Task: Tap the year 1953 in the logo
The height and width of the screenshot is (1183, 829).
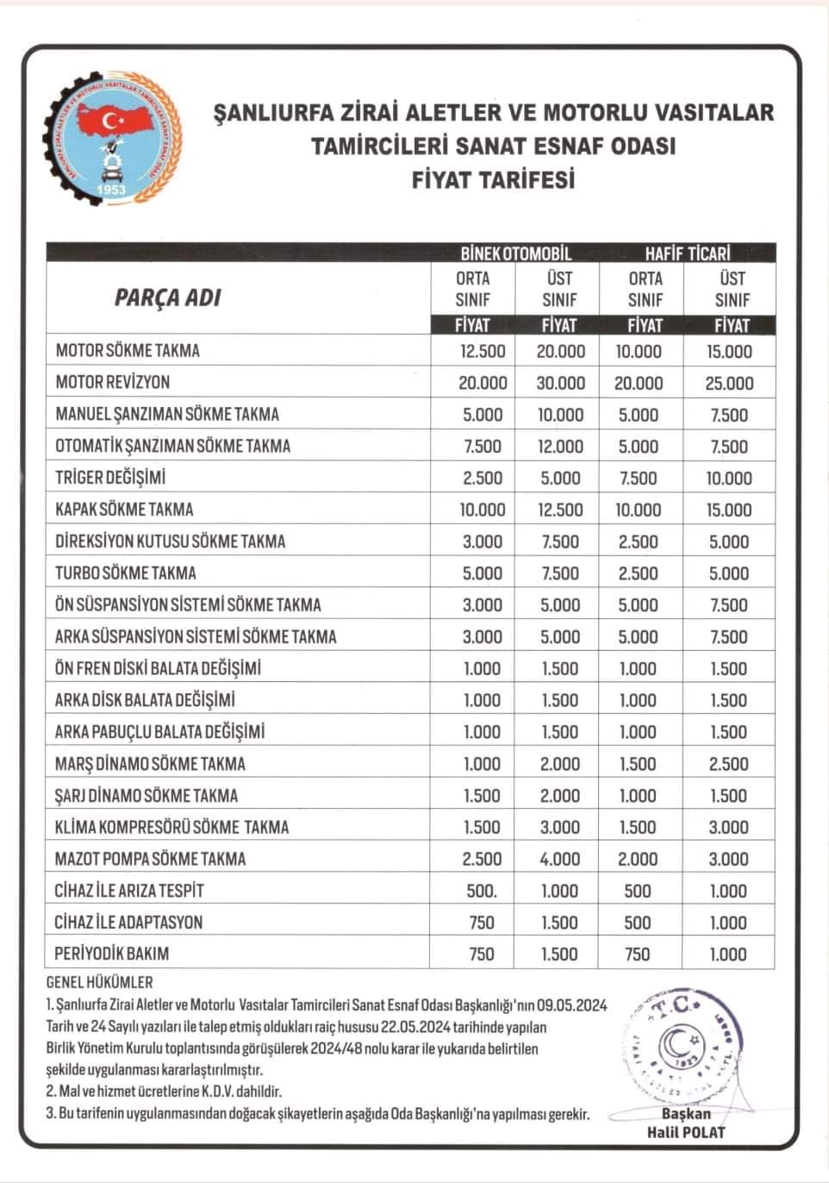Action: pos(111,190)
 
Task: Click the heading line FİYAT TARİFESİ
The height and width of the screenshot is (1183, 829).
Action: pos(493,179)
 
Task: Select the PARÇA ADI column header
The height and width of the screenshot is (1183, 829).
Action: pos(167,298)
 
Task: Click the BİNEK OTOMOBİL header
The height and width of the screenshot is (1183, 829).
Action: pos(515,253)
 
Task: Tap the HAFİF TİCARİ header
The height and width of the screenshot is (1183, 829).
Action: pos(687,253)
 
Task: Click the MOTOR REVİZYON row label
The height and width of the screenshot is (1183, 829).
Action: pos(112,382)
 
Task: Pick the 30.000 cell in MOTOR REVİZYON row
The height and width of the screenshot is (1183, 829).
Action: pos(560,383)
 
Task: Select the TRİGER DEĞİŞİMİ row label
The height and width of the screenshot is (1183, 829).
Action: pos(110,478)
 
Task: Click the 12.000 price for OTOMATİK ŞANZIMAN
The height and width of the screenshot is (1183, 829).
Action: pos(560,447)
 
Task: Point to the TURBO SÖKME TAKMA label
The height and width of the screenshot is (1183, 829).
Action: pos(126,573)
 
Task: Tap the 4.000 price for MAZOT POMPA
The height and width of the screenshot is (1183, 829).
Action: pos(560,860)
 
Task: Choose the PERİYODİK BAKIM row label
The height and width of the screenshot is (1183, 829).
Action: pos(112,955)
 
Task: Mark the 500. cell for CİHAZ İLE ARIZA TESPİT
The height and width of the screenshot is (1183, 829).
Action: pos(482,892)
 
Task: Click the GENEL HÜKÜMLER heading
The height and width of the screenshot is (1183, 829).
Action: pos(99,982)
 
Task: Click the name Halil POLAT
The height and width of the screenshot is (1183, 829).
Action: pos(686,1133)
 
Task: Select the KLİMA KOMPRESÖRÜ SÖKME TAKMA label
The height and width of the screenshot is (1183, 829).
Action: pos(172,828)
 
